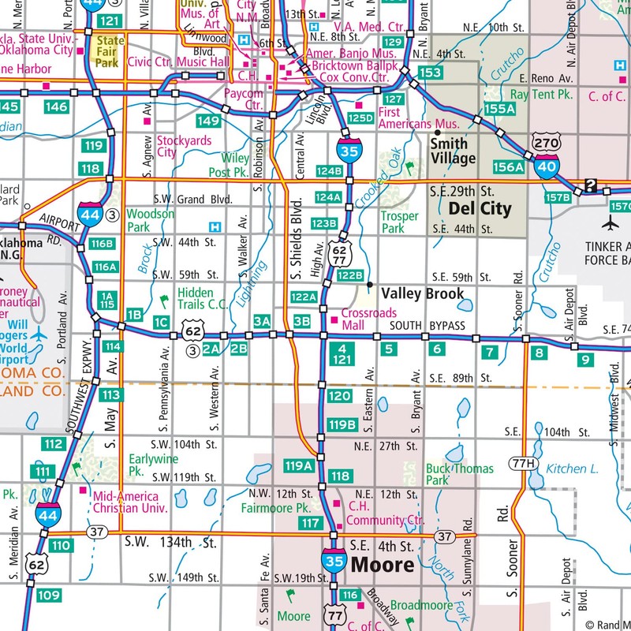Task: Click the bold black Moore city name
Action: pos(383,565)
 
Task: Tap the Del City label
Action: pos(480,209)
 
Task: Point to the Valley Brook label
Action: pos(423,293)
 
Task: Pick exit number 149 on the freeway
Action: pos(208,121)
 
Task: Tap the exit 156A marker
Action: pos(508,167)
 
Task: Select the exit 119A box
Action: pos(299,465)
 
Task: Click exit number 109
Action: pos(48,595)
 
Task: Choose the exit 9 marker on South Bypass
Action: pos(584,360)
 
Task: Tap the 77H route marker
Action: pos(521,462)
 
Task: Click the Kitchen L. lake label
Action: pos(573,469)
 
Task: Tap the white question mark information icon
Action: pos(589,187)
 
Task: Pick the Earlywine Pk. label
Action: pos(153,465)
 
